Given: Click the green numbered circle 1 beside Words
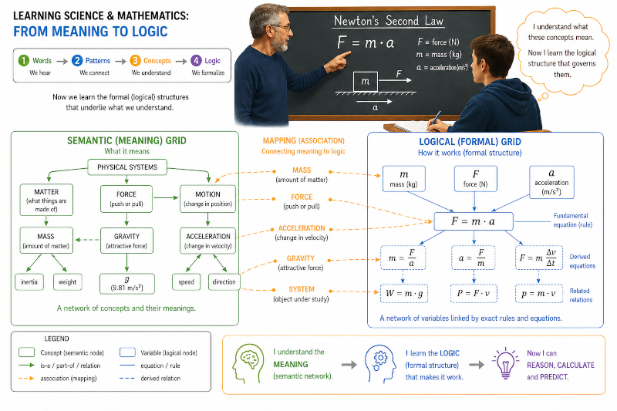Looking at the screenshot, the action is pyautogui.click(x=24, y=61).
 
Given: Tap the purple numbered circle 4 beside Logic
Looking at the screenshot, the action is pyautogui.click(x=196, y=61).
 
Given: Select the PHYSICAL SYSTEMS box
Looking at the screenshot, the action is pyautogui.click(x=127, y=167).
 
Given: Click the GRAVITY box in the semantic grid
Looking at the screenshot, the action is pyautogui.click(x=126, y=241).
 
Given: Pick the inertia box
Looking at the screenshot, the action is pyautogui.click(x=29, y=282).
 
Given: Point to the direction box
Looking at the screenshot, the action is pyautogui.click(x=224, y=282).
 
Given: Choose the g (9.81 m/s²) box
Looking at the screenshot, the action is pyautogui.click(x=127, y=284).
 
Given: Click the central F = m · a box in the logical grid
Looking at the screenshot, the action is pyautogui.click(x=474, y=221).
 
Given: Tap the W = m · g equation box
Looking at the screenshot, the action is pyautogui.click(x=403, y=293).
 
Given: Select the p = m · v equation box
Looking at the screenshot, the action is pyautogui.click(x=538, y=293).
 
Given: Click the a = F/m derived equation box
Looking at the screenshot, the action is pyautogui.click(x=473, y=258).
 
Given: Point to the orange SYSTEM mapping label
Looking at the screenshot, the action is pyautogui.click(x=302, y=289).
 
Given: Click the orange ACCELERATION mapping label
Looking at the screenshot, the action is pyautogui.click(x=302, y=228).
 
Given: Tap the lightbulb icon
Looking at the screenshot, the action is pyautogui.click(x=505, y=363).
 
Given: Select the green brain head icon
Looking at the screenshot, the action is pyautogui.click(x=248, y=363).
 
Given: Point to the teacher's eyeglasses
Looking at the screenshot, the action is pyautogui.click(x=280, y=28).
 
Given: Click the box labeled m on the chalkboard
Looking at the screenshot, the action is pyautogui.click(x=365, y=82).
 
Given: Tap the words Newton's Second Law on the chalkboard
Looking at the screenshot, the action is pyautogui.click(x=389, y=21).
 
